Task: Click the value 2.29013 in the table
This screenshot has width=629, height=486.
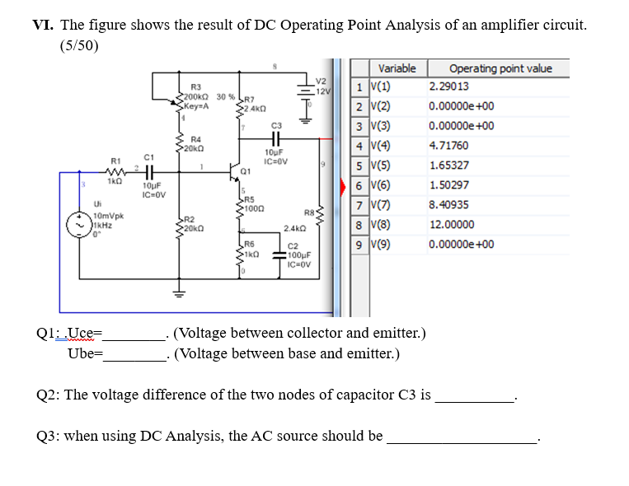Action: tap(449, 86)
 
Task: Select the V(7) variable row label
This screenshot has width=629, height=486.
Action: tap(378, 205)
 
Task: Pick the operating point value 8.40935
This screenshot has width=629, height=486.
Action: tap(449, 205)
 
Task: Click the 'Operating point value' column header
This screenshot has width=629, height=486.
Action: tap(500, 68)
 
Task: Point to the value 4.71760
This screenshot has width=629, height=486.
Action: tap(449, 146)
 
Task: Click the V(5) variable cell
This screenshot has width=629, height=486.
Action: tap(378, 166)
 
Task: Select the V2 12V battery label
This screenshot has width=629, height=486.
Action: tap(322, 86)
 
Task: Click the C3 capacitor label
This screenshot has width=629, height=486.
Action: tap(276, 124)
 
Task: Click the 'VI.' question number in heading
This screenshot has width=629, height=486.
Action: tap(43, 25)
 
